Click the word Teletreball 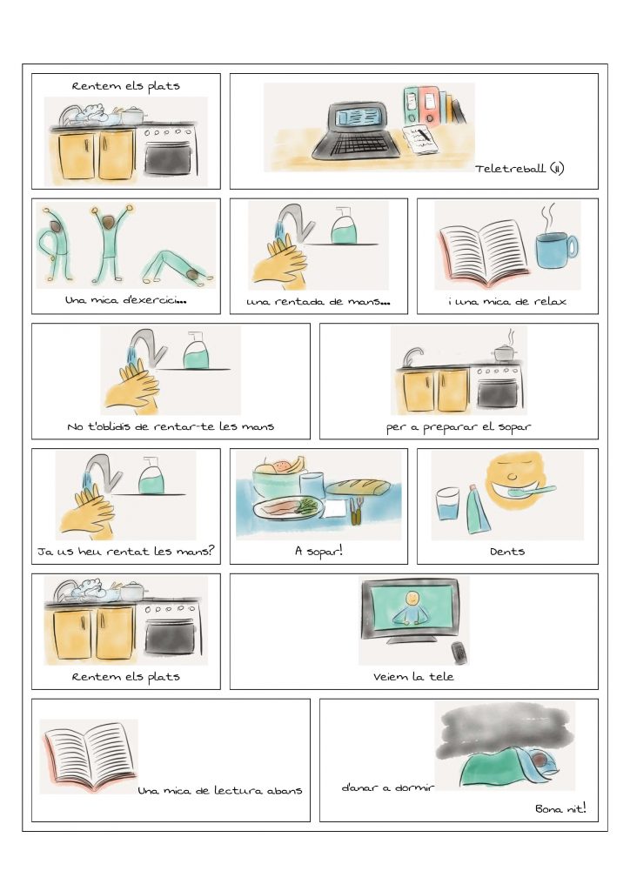click(510, 168)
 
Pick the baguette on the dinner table click(358, 487)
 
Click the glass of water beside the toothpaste click(447, 504)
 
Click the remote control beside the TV click(459, 653)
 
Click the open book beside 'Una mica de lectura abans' click(89, 756)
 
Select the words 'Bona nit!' click(560, 808)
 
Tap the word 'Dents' click(507, 551)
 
